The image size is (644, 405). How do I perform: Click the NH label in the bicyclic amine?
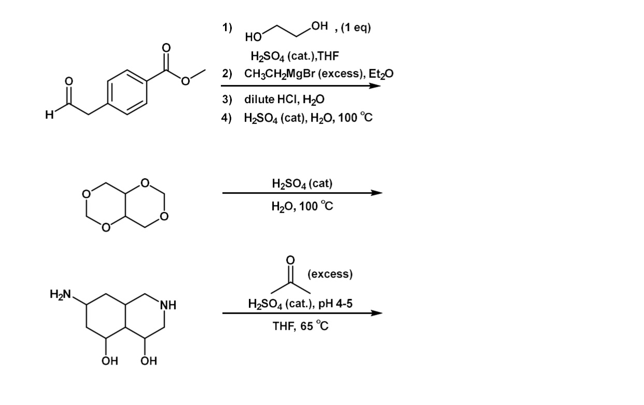168,305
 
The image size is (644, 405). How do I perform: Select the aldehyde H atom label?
49,115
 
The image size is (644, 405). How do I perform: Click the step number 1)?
227,27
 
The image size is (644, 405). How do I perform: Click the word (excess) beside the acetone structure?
330,274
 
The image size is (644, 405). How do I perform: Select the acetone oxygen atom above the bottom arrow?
290,259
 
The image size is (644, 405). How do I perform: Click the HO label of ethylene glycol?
253,37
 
